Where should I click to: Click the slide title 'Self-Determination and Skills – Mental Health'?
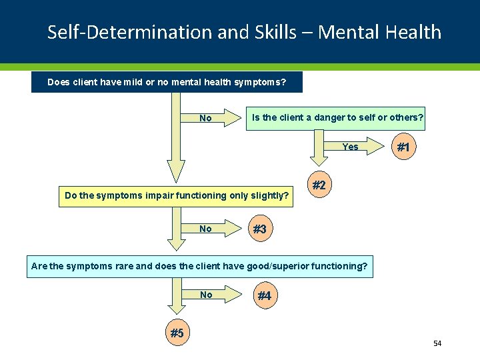(244, 32)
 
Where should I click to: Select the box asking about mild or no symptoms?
(167, 83)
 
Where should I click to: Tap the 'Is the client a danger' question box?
(336, 118)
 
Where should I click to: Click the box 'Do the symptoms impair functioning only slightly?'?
(176, 196)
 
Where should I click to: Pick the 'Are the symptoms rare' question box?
(199, 267)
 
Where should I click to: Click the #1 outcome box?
(403, 148)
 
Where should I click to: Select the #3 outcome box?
(259, 229)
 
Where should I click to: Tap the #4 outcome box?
(264, 296)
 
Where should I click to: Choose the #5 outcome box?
(177, 333)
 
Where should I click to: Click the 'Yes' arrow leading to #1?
(357, 147)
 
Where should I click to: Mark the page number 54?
(437, 343)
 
